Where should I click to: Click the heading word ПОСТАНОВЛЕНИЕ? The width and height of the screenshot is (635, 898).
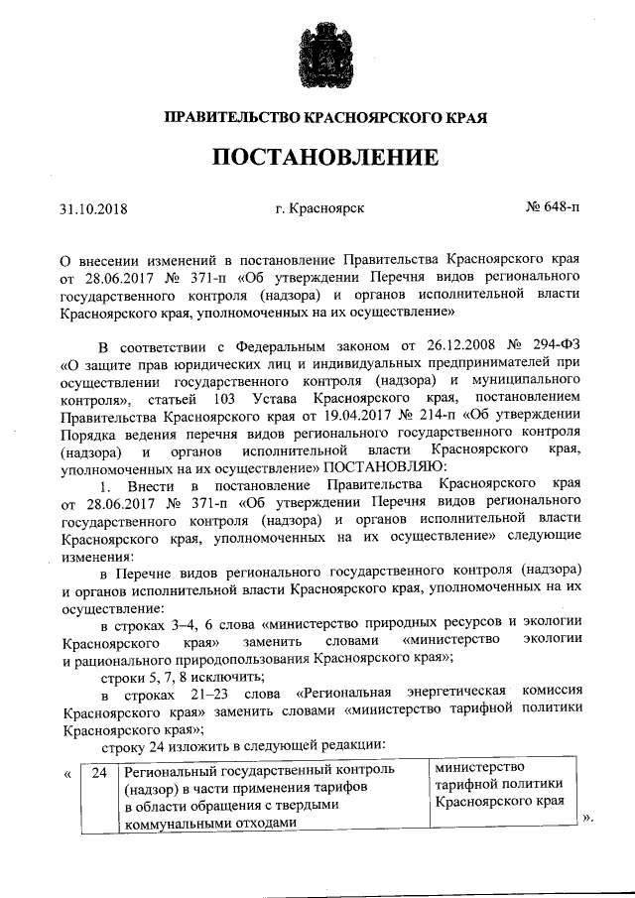[x=317, y=157]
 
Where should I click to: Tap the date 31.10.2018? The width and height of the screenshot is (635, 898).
[x=94, y=209]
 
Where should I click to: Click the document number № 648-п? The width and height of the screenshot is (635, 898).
[x=552, y=209]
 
